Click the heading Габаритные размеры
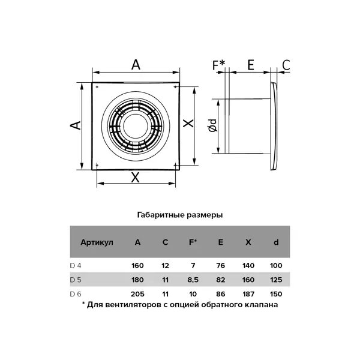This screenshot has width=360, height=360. click(180, 215)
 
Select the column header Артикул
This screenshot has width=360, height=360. click(97, 242)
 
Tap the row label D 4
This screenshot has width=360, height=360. click(76, 266)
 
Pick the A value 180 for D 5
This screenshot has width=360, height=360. click(137, 280)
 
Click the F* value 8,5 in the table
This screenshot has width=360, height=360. click(193, 280)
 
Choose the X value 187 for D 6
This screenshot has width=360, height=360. click(248, 294)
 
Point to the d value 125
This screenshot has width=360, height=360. click(276, 280)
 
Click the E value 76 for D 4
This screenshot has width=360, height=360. click(221, 266)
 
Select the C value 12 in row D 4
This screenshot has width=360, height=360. click(166, 266)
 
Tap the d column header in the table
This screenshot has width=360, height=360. click(276, 242)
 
